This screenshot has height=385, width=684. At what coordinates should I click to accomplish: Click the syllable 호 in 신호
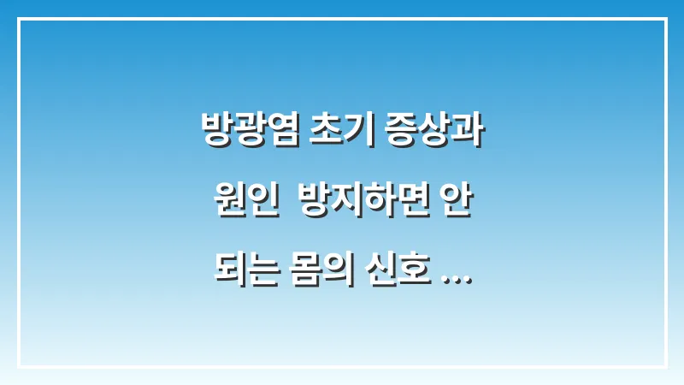coord(420,277)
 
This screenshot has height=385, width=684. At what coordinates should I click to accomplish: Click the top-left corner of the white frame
coord(19,19)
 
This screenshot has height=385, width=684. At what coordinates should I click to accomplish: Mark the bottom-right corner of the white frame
coord(665,366)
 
